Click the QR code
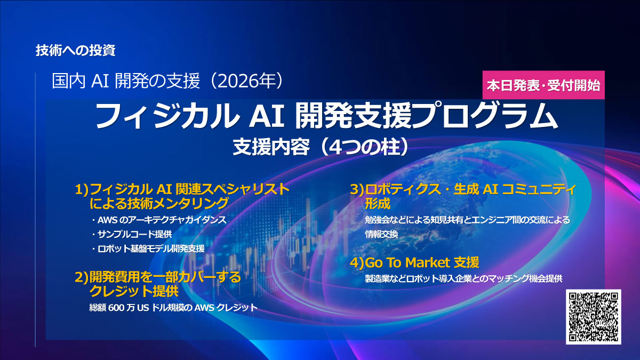[x=593, y=317]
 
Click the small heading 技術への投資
[x=76, y=51]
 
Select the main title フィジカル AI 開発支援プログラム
[x=326, y=116]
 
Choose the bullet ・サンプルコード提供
[x=131, y=234]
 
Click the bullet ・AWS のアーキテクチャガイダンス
[x=158, y=220]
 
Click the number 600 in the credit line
[x=116, y=307]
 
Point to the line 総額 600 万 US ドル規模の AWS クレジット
[x=173, y=307]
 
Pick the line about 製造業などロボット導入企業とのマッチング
[x=463, y=278]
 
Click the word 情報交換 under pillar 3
[x=381, y=234]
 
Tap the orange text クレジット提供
[x=134, y=291]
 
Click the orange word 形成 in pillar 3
[x=378, y=203]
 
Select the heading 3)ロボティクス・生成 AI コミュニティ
[x=463, y=189]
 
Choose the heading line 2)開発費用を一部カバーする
[x=158, y=277]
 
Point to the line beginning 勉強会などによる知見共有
[x=467, y=220]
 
